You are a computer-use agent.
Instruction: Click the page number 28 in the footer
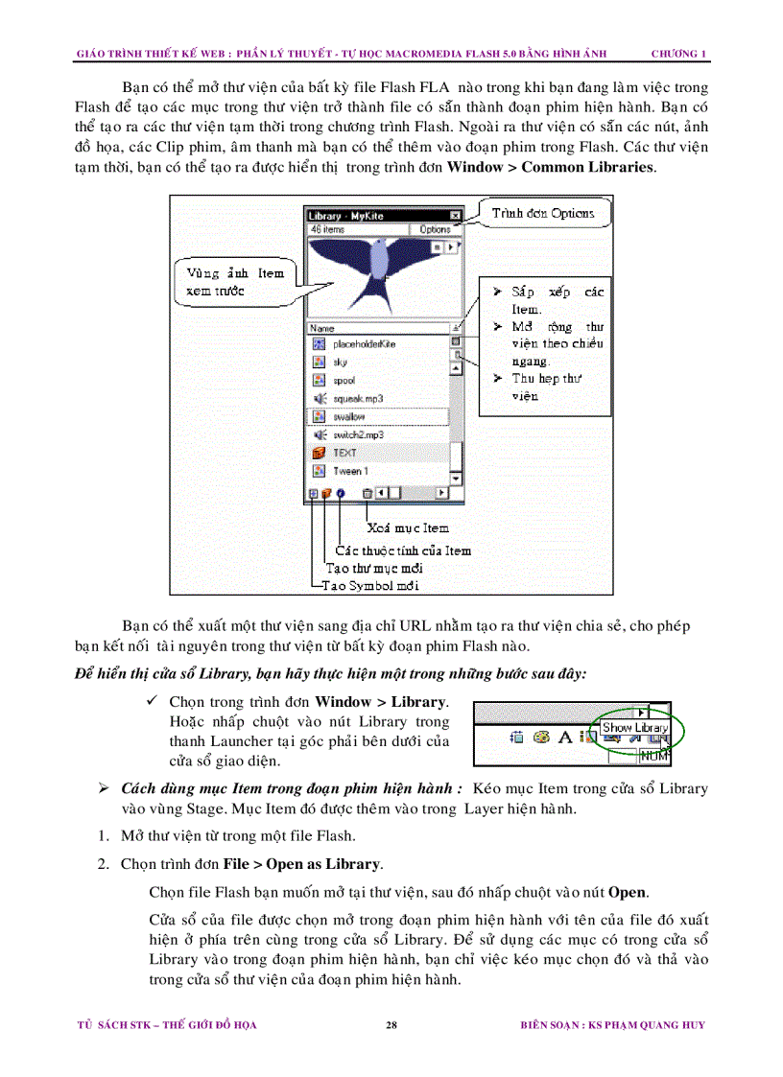(391, 1025)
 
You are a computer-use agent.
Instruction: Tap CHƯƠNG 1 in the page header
(678, 53)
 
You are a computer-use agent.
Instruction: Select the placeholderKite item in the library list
(364, 343)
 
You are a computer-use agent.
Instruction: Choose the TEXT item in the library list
(344, 453)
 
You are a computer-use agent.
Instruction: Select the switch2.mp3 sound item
(358, 434)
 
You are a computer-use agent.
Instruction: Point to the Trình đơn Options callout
(542, 213)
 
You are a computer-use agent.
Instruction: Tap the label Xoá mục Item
(409, 527)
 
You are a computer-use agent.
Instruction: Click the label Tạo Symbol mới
(370, 585)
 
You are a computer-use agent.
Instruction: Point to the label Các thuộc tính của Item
(403, 550)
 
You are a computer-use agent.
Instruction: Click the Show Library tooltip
(634, 728)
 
